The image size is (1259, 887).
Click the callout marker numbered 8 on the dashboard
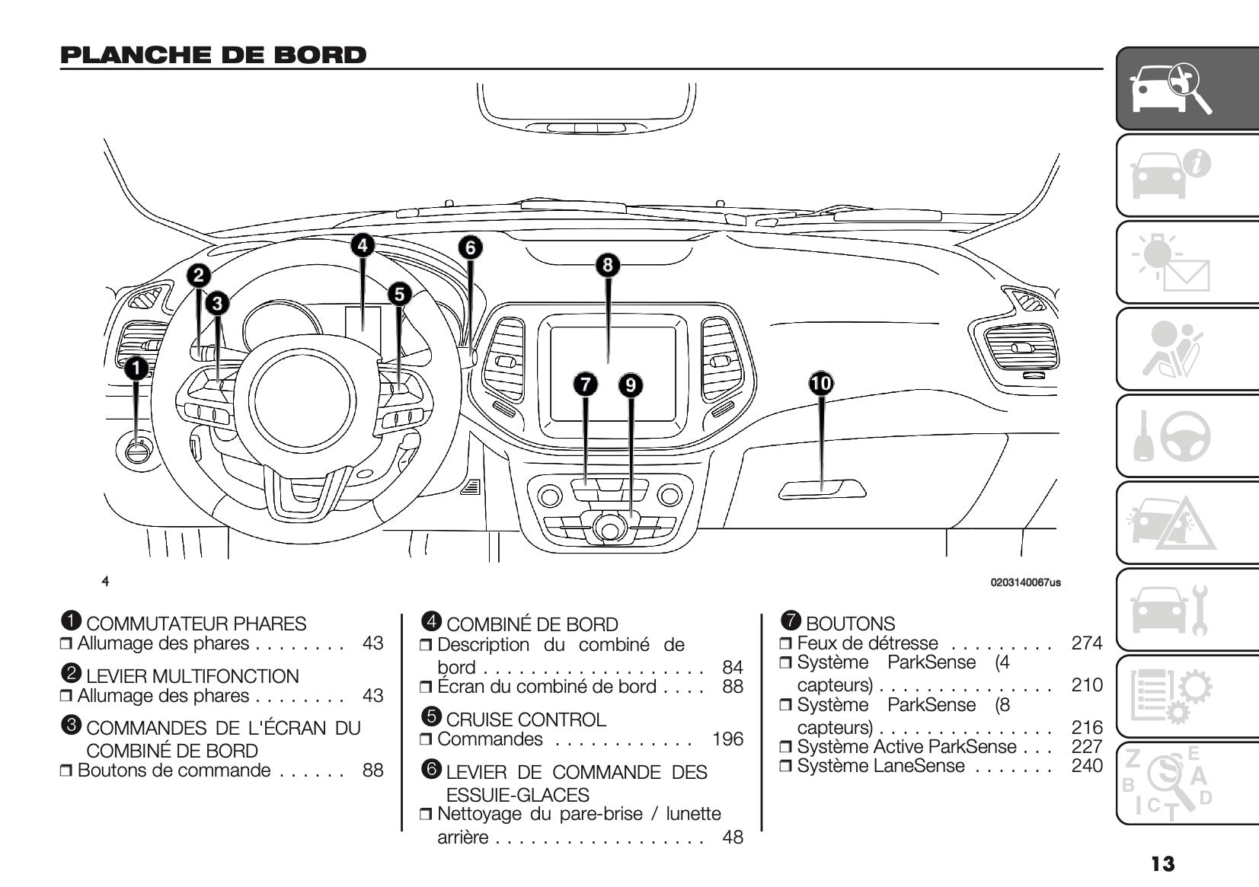point(607,265)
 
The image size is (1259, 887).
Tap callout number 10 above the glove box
point(821,383)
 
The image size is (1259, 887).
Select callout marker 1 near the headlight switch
point(136,369)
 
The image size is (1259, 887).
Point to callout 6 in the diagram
point(470,247)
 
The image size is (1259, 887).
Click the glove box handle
point(822,490)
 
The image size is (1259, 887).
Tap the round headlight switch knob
point(138,451)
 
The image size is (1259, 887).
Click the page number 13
point(1162,864)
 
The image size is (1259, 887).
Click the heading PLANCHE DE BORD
point(213,55)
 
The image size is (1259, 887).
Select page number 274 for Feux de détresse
point(1086,643)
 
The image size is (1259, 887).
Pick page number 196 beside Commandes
point(727,739)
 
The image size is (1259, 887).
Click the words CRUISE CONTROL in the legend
point(526,719)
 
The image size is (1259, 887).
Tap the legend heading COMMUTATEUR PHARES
point(196,624)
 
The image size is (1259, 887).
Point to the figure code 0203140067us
point(1025,582)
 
